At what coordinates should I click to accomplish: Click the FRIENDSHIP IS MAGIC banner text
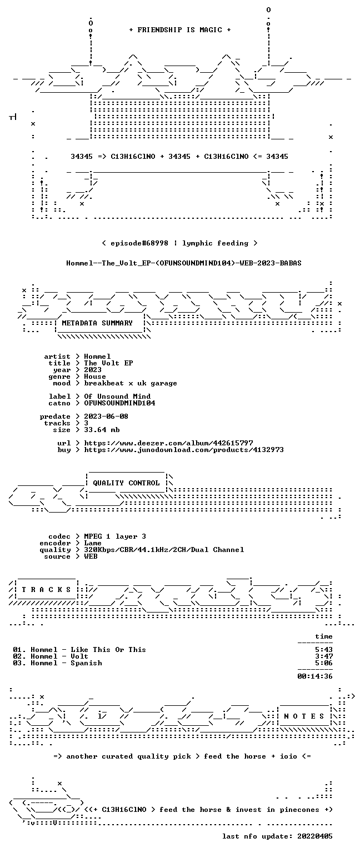pos(180,29)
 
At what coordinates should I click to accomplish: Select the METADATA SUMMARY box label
pos(97,323)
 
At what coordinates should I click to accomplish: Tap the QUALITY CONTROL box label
pos(126,483)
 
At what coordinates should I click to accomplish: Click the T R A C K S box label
pos(47,589)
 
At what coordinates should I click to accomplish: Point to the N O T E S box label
pos(304,716)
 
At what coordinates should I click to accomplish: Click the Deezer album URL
pos(168,443)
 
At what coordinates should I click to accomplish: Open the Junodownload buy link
pos(184,450)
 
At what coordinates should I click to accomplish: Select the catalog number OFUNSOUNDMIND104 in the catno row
pos(119,403)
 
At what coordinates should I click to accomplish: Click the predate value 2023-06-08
pos(106,417)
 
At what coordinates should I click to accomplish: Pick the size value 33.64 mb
pos(102,430)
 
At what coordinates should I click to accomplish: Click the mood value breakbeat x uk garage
pos(131,383)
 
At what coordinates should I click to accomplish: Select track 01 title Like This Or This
pos(108,650)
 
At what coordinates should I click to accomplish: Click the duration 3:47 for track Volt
pos(324,656)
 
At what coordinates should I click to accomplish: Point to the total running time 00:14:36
pos(314,676)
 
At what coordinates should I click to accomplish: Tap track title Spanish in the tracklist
pos(86,663)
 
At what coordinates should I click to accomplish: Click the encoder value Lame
pos(93,543)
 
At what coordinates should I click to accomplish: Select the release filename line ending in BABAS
pos(184,263)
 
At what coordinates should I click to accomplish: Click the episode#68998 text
pos(139,243)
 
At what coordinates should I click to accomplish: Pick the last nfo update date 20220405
pos(314,836)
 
